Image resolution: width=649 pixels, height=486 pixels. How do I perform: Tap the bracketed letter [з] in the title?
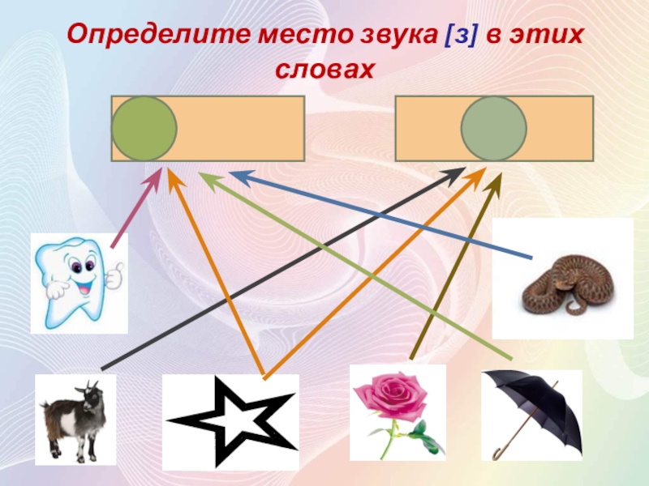[x=458, y=36]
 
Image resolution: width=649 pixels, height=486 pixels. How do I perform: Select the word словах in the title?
[x=324, y=70]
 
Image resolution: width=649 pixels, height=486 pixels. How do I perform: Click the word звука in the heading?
[x=393, y=36]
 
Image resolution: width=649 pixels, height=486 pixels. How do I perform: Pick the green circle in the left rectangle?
[x=144, y=128]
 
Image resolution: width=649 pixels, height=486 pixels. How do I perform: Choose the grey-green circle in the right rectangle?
[x=494, y=128]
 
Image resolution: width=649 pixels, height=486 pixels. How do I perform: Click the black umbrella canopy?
[x=535, y=405]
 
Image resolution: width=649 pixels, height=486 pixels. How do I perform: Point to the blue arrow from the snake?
[x=381, y=215]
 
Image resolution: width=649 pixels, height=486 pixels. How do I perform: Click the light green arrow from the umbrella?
[x=357, y=267]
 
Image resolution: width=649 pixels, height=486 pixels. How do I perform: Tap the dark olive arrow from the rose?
[x=454, y=267]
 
